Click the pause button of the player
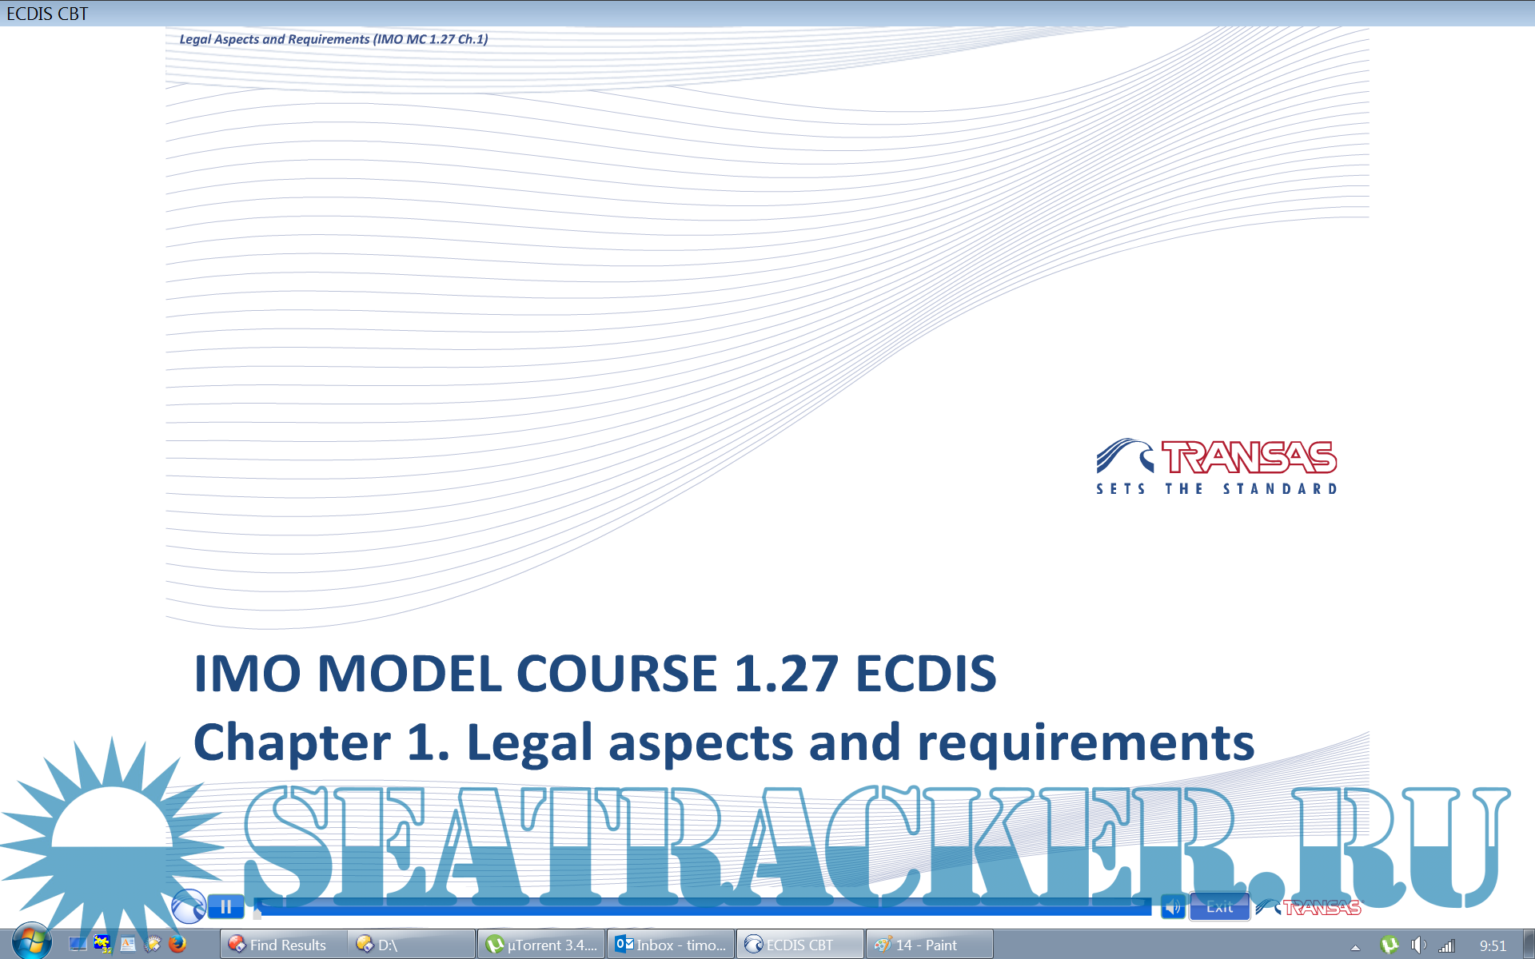[225, 907]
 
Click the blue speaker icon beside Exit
[1173, 907]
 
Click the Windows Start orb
[32, 941]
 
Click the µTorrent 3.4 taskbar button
[542, 945]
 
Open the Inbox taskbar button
[672, 945]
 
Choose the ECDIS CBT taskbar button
[800, 945]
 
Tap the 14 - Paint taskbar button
[930, 945]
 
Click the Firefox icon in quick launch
[177, 944]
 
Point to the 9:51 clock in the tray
[1493, 945]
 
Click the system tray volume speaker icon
[1418, 945]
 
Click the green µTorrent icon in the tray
[1389, 945]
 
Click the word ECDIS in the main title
[926, 673]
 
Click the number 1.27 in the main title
[786, 673]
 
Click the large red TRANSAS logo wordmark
[1249, 457]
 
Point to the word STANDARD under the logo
[1280, 488]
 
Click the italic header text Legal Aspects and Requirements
[274, 39]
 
